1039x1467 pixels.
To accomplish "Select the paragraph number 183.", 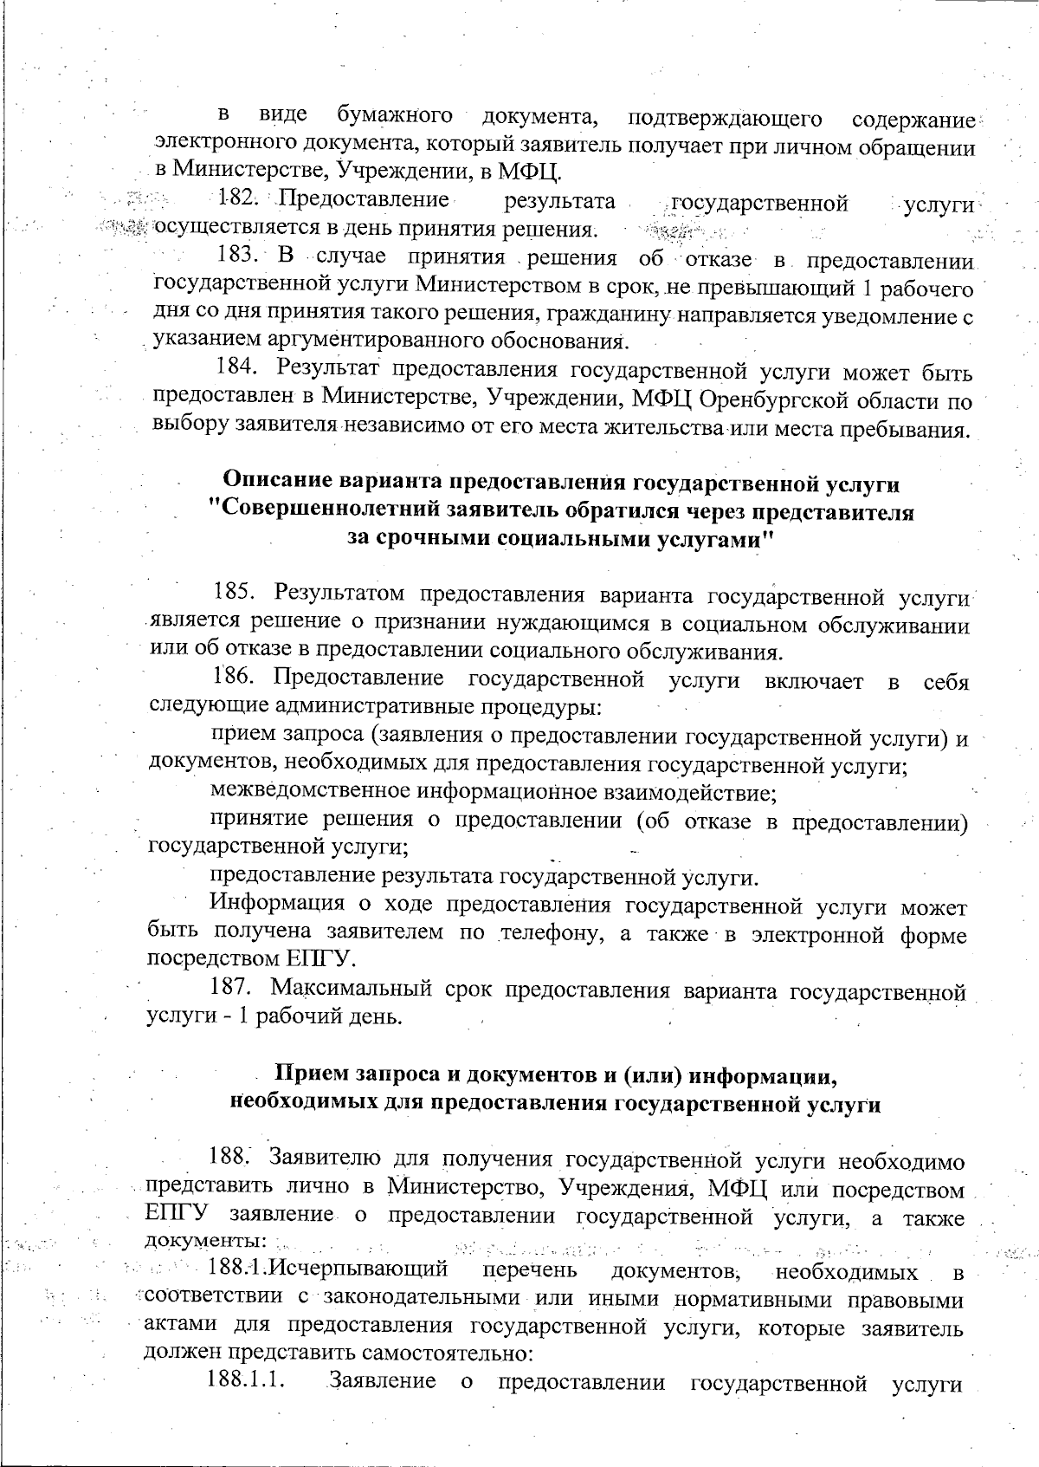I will pos(237,256).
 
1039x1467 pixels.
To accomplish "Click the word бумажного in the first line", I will pos(395,115).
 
